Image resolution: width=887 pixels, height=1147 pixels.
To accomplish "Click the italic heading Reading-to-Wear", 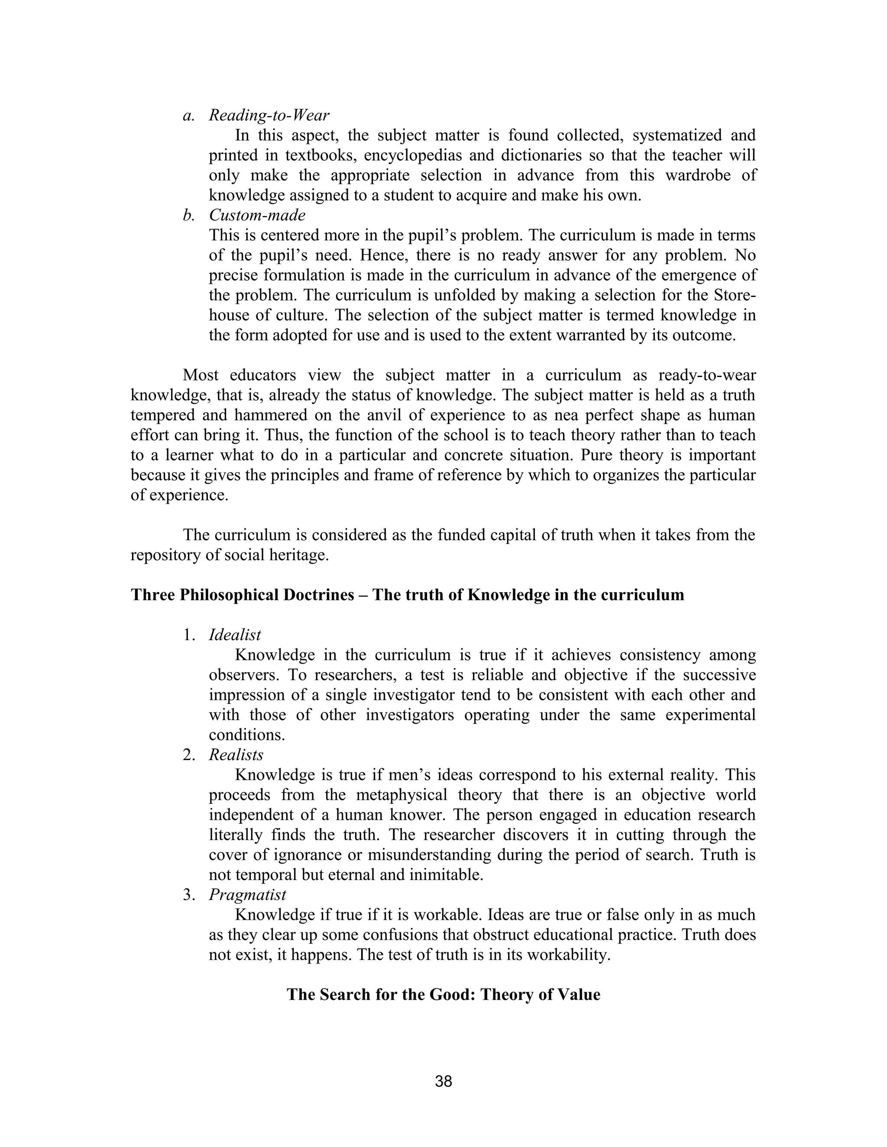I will (x=269, y=115).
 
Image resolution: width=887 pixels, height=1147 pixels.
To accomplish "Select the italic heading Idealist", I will (x=235, y=635).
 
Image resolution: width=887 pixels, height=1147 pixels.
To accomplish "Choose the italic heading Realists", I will (x=236, y=755).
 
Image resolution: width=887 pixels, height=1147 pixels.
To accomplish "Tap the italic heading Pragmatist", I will (x=247, y=894).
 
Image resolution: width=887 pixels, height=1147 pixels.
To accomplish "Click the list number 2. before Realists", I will (x=189, y=755).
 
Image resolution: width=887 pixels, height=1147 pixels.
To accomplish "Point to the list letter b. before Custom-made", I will (x=189, y=215).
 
